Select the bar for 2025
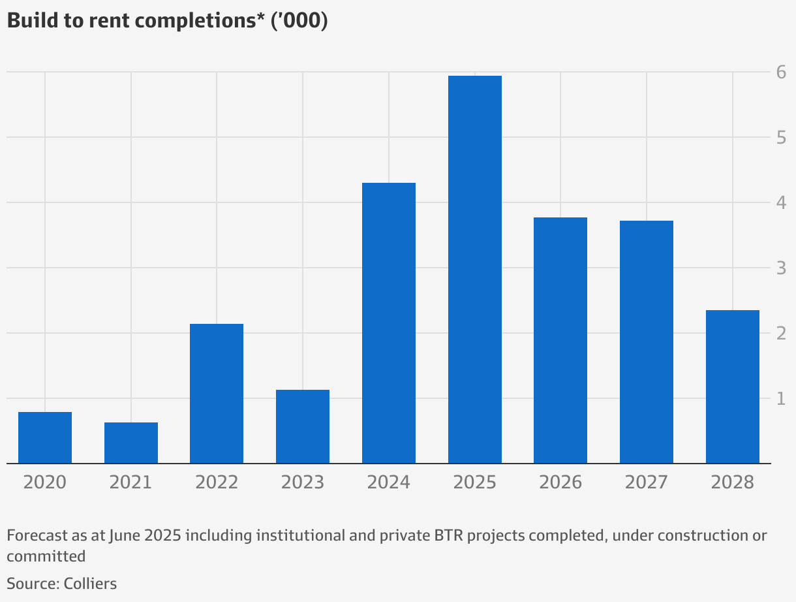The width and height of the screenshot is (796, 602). (474, 270)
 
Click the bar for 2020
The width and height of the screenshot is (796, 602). (45, 437)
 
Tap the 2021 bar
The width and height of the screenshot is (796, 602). (131, 443)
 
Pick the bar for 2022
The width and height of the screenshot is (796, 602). (217, 394)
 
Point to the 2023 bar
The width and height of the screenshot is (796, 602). (303, 426)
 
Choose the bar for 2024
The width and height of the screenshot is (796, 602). (389, 323)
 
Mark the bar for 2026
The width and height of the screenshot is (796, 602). (560, 340)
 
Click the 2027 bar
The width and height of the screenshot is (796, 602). (647, 342)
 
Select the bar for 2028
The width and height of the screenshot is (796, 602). (733, 387)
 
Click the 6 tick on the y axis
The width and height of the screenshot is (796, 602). (781, 72)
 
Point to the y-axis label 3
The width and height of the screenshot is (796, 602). (781, 268)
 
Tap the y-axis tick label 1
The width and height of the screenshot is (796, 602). (781, 399)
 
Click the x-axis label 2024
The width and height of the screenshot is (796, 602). (389, 483)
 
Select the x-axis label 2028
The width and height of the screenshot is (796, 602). (733, 483)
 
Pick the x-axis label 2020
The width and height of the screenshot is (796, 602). (45, 483)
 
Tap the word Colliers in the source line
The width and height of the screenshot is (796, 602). (90, 583)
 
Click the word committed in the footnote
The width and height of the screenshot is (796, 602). (46, 556)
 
